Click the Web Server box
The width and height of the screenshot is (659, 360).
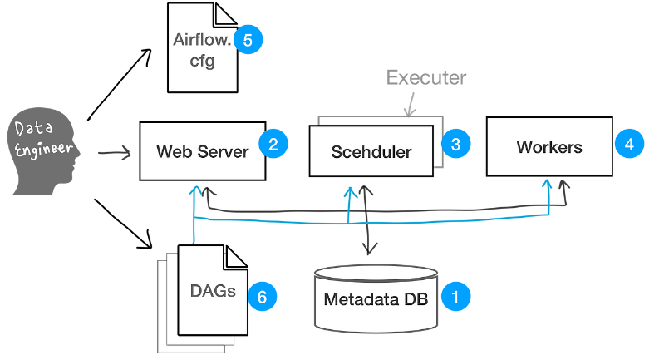203,152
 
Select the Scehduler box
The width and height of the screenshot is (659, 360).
371,151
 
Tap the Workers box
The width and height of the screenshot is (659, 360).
548,147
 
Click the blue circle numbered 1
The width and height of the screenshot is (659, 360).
455,295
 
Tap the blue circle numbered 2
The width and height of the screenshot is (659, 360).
273,144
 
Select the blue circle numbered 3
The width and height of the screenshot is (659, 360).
455,144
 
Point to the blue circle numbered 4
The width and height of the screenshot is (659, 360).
629,144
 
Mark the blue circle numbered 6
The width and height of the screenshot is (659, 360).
261,294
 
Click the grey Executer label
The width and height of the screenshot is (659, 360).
426,78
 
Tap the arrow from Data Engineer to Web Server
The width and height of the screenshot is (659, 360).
115,153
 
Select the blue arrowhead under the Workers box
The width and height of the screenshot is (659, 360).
548,184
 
